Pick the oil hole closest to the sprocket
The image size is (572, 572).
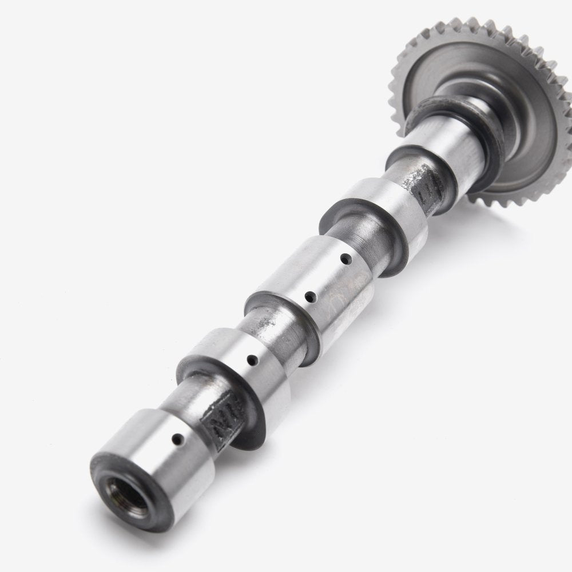345,259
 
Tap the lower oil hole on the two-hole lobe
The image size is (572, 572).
309,296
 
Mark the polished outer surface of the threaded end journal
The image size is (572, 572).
149,458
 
